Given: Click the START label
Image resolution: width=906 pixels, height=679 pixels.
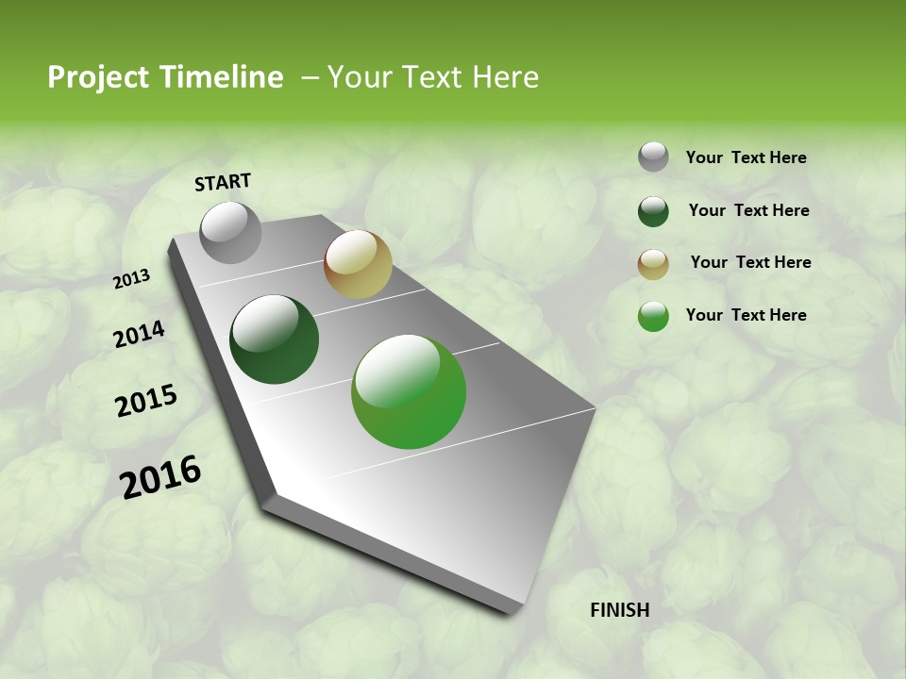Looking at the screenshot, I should coord(223,182).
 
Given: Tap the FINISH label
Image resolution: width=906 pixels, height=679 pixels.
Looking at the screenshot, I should coord(619,610).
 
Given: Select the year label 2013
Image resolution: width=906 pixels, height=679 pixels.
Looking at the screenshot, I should coord(132,279).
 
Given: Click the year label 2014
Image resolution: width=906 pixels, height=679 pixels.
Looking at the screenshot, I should coord(139,335).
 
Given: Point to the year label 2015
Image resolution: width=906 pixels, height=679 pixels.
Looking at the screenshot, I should coord(146,401).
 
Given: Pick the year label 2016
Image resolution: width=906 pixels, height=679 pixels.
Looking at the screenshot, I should coord(160,476).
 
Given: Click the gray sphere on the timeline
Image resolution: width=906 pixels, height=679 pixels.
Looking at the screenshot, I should coord(230,232).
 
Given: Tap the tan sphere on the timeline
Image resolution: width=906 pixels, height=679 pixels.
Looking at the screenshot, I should coord(358,264).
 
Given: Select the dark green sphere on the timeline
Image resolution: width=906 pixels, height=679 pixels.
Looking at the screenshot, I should coord(274,339).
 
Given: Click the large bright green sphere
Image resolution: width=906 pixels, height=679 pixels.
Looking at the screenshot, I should coord(409,391).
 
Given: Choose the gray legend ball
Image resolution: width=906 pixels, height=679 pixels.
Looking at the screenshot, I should coord(653,157).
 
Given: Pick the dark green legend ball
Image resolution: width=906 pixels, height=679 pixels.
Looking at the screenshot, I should coord(653,211).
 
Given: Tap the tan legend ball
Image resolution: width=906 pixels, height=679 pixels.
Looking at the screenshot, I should coord(653,264).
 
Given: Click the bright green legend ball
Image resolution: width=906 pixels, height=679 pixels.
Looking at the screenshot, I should coord(653,316).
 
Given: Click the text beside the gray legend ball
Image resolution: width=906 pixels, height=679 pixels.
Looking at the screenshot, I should coord(746,157).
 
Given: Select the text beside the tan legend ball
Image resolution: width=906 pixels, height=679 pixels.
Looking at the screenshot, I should coord(750,262).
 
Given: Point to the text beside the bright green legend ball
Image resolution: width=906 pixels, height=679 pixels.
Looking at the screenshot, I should coord(746,315).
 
